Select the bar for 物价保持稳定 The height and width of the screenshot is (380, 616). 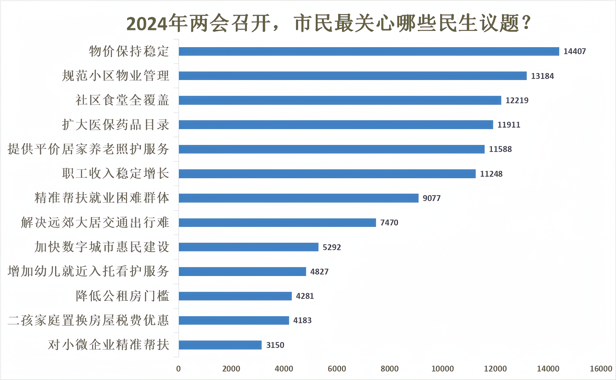point(369,52)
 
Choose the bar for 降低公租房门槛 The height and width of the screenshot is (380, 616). point(235,296)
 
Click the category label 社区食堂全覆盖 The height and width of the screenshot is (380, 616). point(122,100)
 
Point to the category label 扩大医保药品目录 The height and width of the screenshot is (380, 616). point(115,125)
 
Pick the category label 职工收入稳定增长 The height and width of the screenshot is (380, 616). point(115,173)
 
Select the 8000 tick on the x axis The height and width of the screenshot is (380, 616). point(389,369)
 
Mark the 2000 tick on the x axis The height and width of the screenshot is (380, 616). point(231,369)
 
